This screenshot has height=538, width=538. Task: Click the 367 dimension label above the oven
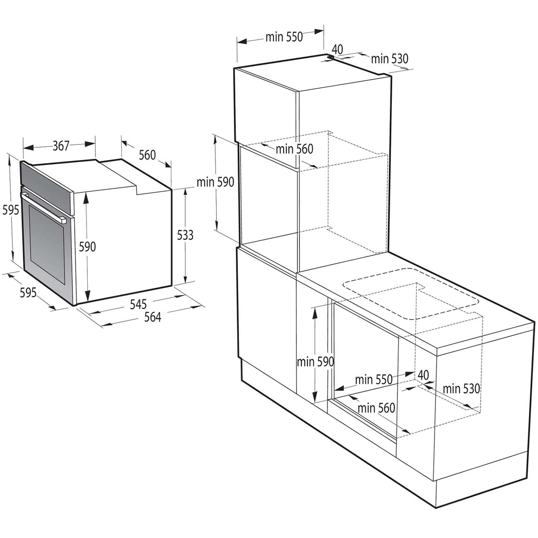pos(61,146)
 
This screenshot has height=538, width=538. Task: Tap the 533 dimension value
pos(185,235)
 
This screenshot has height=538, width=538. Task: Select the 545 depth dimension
pos(139,305)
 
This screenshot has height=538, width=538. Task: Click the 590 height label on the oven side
pos(87,247)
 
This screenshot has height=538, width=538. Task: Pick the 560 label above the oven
pos(147,155)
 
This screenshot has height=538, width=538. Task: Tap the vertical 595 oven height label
pos(11,210)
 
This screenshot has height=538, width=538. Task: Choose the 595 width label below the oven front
pos(29,293)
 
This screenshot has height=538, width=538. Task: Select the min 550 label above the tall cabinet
pos(284,37)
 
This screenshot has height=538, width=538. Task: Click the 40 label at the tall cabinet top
pos(337,49)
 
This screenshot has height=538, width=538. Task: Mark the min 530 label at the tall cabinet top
pos(389,59)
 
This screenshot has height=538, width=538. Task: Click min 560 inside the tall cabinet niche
pos(294,149)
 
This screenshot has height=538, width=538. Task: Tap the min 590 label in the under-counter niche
pos(315,362)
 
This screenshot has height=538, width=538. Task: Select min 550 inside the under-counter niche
pos(374,379)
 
